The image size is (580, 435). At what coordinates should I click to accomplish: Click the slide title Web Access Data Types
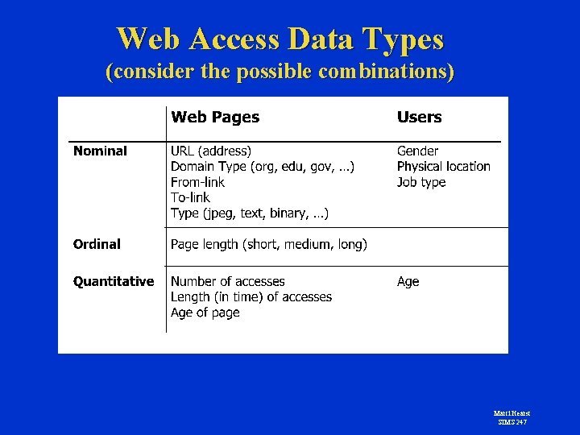pyautogui.click(x=280, y=39)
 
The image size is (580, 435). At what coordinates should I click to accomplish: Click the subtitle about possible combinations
pyautogui.click(x=280, y=72)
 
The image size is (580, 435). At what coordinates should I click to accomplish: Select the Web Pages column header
pyautogui.click(x=215, y=118)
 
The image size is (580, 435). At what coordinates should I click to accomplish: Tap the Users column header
pyautogui.click(x=419, y=118)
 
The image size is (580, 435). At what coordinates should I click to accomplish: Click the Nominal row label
pyautogui.click(x=100, y=151)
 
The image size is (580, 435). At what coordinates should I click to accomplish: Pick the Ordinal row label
pyautogui.click(x=97, y=244)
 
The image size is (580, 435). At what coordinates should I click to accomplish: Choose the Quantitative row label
pyautogui.click(x=114, y=281)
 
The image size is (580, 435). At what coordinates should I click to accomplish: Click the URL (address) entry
pyautogui.click(x=211, y=151)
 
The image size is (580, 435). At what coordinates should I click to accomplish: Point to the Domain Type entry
pyautogui.click(x=263, y=167)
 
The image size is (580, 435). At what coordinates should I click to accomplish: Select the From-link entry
pyautogui.click(x=197, y=182)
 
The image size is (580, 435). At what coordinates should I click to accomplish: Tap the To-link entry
pyautogui.click(x=190, y=197)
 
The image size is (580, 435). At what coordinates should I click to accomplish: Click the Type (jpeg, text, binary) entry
pyautogui.click(x=250, y=213)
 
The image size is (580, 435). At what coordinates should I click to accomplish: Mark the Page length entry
pyautogui.click(x=269, y=244)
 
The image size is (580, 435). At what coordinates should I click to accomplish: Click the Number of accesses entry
pyautogui.click(x=228, y=281)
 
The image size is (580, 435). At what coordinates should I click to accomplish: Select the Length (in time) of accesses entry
pyautogui.click(x=251, y=297)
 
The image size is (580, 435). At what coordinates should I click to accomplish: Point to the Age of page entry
pyautogui.click(x=205, y=313)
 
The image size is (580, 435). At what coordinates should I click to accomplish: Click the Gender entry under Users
pyautogui.click(x=418, y=151)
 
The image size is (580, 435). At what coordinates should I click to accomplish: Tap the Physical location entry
pyautogui.click(x=443, y=167)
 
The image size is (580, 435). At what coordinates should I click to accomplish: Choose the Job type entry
pyautogui.click(x=421, y=182)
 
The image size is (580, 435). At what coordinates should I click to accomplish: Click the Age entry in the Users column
pyautogui.click(x=408, y=281)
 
